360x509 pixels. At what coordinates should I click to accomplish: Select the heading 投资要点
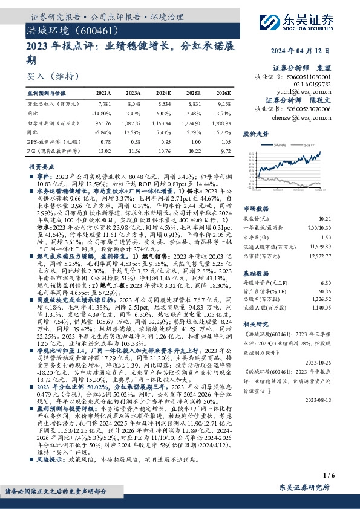[x=39, y=166]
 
